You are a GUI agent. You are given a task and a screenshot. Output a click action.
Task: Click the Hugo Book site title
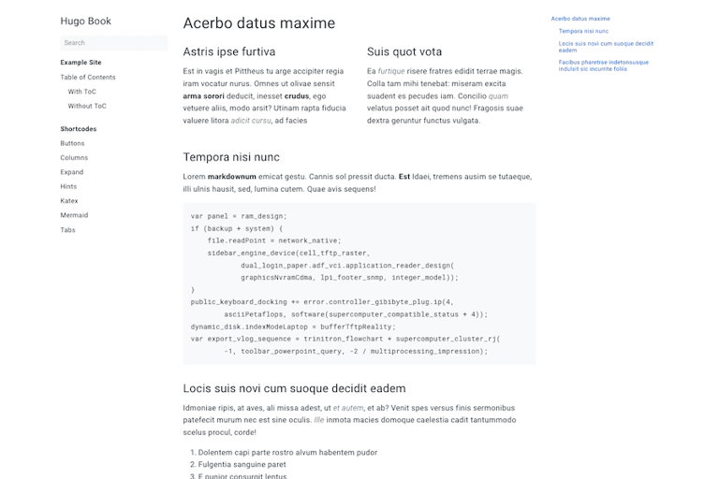85,21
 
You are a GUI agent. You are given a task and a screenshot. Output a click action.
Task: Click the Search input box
113,42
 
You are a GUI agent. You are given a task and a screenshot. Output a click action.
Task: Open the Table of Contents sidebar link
88,77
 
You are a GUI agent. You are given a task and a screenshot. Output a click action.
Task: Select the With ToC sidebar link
81,92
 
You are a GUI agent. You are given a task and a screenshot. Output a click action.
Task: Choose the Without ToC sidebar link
87,106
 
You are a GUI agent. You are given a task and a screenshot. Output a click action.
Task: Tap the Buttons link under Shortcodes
72,143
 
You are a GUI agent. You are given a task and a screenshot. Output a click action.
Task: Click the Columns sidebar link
74,157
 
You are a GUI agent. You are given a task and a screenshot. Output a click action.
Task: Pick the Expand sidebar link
72,172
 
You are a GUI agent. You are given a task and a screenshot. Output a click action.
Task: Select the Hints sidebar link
68,186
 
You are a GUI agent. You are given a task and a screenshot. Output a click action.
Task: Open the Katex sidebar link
69,200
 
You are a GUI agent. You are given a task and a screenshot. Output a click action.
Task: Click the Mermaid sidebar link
74,215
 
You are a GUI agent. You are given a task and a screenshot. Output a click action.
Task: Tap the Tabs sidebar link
67,229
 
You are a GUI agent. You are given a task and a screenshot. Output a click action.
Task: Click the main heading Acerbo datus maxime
258,23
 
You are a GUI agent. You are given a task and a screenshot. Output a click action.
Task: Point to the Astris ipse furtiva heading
229,51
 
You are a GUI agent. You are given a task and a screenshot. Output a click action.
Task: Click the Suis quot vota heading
404,51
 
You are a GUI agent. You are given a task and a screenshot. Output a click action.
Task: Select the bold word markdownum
231,177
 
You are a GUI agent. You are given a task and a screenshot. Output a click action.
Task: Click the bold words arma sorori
203,95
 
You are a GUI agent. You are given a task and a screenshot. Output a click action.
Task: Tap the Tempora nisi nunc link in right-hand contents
583,31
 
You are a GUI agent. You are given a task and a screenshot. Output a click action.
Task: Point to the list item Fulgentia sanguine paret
242,464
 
